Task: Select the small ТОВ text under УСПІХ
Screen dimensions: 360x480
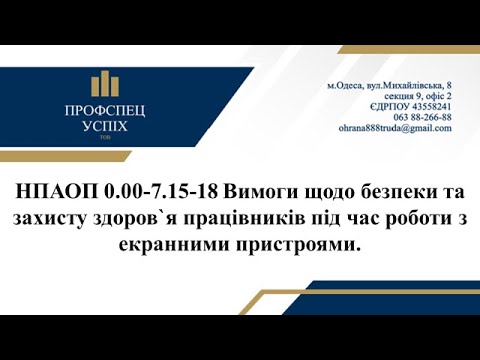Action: (101, 141)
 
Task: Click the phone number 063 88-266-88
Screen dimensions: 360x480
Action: (424, 117)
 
